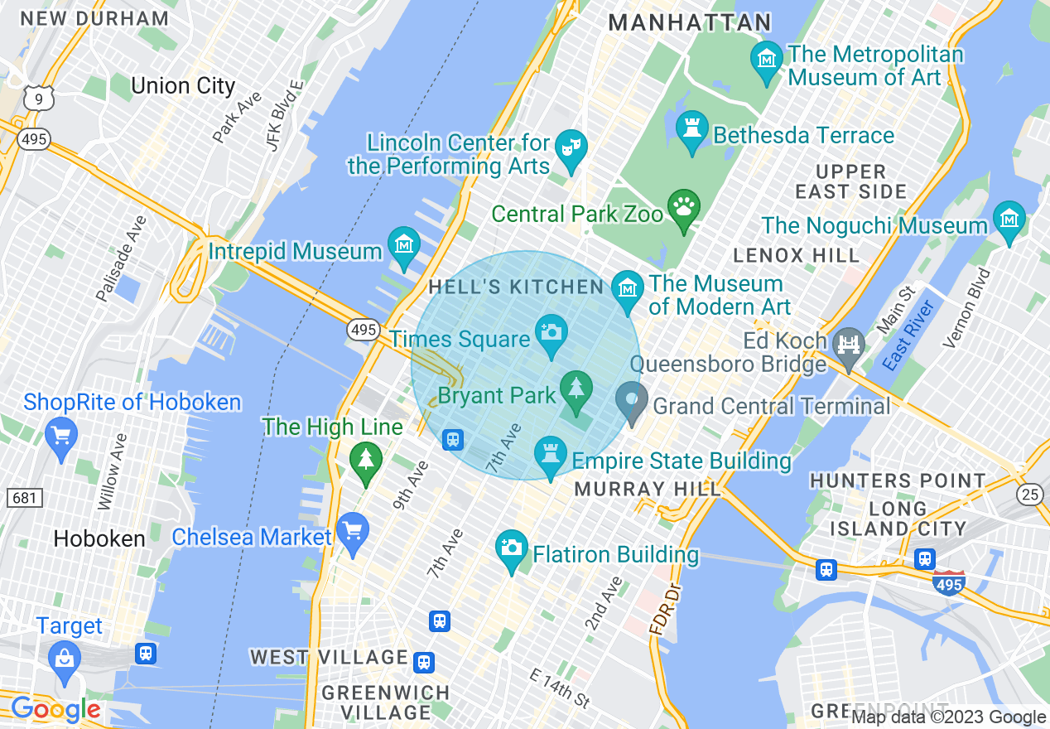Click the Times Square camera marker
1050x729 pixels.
(x=551, y=331)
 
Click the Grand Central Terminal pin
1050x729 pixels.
(x=632, y=401)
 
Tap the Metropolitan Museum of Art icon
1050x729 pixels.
(x=767, y=60)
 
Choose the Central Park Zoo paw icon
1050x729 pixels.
(x=684, y=207)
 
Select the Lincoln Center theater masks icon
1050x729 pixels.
(x=570, y=147)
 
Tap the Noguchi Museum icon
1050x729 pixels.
(x=1009, y=219)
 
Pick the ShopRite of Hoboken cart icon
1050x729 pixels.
(x=60, y=434)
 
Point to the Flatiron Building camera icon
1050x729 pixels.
(x=512, y=548)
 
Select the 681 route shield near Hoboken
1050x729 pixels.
(x=24, y=498)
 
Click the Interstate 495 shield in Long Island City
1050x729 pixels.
(x=948, y=584)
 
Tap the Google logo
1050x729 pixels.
(x=55, y=709)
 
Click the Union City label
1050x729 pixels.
(x=183, y=86)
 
